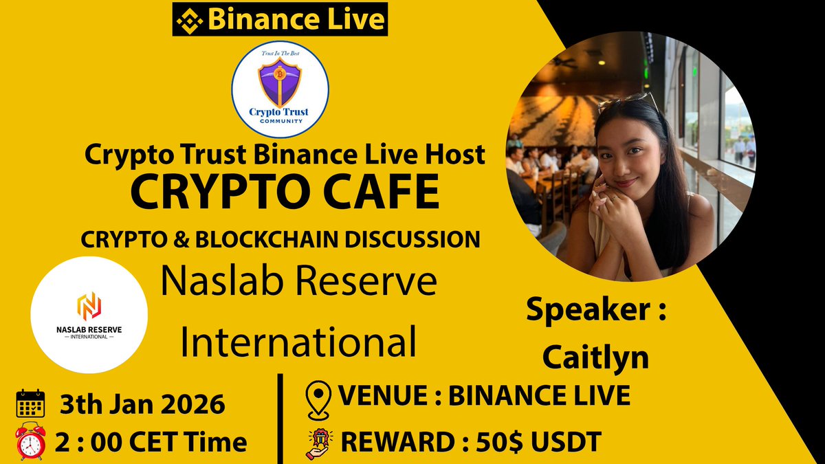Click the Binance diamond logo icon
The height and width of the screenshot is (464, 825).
tap(189, 19)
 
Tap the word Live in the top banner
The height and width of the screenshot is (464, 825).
tap(354, 19)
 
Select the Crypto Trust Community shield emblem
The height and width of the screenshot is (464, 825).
tap(280, 82)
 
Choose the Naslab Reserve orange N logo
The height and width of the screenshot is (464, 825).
tap(89, 307)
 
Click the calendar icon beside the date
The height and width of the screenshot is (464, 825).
tap(30, 404)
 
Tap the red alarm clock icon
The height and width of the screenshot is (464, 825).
tap(30, 440)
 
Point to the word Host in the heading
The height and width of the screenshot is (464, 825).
tap(451, 155)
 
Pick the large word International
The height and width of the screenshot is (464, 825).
tap(298, 342)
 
